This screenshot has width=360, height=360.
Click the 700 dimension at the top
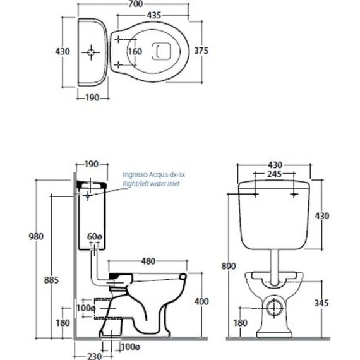click(x=135, y=4)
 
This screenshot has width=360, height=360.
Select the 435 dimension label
click(x=154, y=15)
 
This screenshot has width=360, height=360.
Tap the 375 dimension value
click(x=201, y=51)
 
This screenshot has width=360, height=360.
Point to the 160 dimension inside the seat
click(x=135, y=51)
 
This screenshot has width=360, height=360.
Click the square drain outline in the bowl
click(x=161, y=51)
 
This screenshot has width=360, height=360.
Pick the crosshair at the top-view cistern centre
click(x=91, y=52)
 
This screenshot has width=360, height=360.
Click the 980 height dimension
click(x=36, y=236)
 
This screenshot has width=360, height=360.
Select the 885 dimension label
click(x=51, y=280)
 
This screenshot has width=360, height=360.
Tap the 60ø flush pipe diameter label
click(x=94, y=236)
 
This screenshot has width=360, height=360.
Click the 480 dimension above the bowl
click(x=148, y=261)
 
